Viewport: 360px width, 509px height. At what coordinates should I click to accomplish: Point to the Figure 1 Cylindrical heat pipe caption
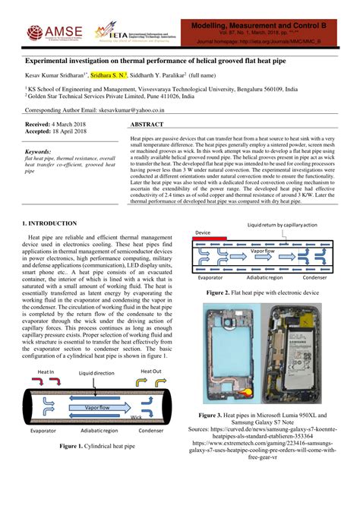click(x=97, y=446)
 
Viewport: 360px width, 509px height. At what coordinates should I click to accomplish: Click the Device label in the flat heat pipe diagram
click(x=203, y=232)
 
